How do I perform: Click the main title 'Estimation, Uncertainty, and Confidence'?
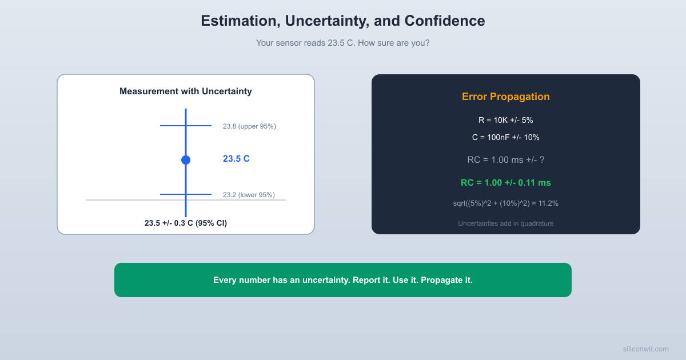pos(342,21)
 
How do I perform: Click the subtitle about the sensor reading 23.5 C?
pos(342,43)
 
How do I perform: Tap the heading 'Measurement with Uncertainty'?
pos(185,91)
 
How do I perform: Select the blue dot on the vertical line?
pos(185,160)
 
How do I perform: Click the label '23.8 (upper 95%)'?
pos(249,126)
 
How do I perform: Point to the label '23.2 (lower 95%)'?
pos(249,195)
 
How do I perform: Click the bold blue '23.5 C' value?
pos(236,159)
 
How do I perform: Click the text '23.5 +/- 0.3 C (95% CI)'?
pos(185,223)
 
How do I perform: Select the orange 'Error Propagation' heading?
pos(505,97)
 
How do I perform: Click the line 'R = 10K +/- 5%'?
pos(505,121)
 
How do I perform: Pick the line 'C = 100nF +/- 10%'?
pos(505,138)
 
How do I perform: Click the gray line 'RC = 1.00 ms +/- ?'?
pos(505,160)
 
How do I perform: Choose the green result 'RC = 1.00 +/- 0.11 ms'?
pos(505,183)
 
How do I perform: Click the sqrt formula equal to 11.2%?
pos(505,203)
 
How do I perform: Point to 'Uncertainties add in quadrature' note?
pos(505,223)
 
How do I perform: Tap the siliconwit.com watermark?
pos(645,349)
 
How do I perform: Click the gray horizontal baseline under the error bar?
pos(114,200)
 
